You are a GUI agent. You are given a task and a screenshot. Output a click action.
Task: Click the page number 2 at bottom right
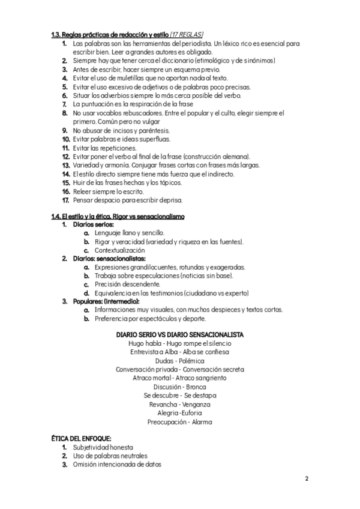coord(306,478)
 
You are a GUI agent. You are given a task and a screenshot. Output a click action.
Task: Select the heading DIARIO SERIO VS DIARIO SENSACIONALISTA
coord(179,334)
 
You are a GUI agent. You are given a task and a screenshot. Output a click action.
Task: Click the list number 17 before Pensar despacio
coord(66,200)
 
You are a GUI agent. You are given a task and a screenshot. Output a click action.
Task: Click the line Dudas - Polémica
coord(179,361)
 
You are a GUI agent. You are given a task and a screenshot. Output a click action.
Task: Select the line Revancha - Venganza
coord(179,404)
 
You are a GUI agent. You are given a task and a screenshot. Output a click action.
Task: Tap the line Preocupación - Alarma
coord(179,421)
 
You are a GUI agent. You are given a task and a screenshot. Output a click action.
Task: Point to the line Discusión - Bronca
coord(179,387)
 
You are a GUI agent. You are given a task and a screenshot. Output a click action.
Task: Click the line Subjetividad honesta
coord(103,448)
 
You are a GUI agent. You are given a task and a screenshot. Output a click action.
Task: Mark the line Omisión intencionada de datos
coord(117,465)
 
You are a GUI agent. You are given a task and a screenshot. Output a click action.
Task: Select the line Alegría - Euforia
coord(179,413)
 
